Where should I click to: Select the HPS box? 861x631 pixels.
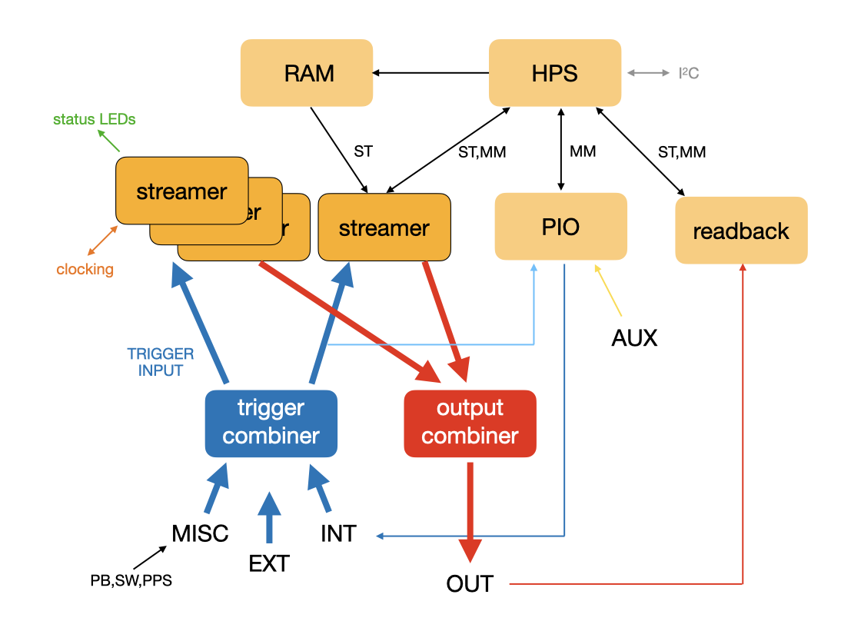[x=555, y=73]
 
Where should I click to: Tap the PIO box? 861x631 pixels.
[x=561, y=226]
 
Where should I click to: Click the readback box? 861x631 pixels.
[x=741, y=231]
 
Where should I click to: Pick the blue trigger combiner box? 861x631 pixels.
[x=271, y=423]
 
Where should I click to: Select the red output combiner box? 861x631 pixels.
[x=470, y=423]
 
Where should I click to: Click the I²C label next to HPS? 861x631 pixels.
[x=688, y=74]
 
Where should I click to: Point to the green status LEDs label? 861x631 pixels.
[x=95, y=119]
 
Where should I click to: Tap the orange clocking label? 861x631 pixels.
[x=85, y=270]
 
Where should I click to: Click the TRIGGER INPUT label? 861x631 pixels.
[x=161, y=362]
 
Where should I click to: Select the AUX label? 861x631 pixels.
[x=634, y=337]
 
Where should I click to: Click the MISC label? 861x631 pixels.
[x=201, y=533]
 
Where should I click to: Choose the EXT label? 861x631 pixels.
[x=269, y=563]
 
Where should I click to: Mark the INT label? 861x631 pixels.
[x=338, y=533]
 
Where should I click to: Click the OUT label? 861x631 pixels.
[x=470, y=584]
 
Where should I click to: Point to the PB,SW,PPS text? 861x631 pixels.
[x=131, y=580]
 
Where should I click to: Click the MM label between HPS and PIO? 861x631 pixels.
[x=583, y=151]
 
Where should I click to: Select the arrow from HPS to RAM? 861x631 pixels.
[x=430, y=73]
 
